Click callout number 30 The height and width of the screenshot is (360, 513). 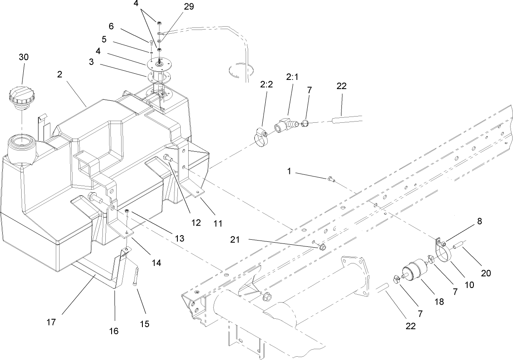[x=24, y=57]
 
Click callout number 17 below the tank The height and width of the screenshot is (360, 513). [x=52, y=322]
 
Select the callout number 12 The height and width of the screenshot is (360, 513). [x=196, y=223]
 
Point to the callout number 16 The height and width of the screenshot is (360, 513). [x=114, y=331]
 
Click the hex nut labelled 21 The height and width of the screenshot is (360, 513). [x=322, y=248]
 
